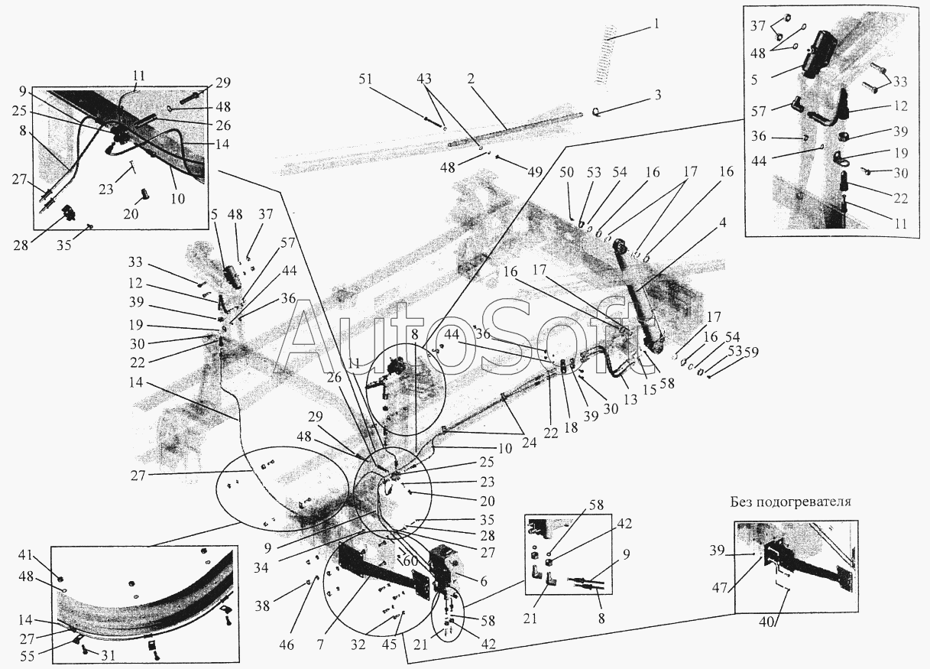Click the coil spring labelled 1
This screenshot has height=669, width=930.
click(605, 57)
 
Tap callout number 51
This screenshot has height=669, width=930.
click(365, 80)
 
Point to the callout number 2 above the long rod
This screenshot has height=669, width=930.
click(471, 79)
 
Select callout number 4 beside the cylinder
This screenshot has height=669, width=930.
click(723, 223)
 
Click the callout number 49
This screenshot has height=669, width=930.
click(535, 171)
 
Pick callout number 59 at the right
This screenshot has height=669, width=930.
click(750, 352)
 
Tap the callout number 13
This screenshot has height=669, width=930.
click(630, 400)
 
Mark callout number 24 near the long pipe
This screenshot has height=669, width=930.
click(529, 443)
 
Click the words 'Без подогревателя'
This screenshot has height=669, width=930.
click(791, 502)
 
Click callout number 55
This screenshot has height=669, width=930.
click(28, 656)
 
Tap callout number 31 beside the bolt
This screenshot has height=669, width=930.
click(107, 655)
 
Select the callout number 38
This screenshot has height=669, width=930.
click(262, 606)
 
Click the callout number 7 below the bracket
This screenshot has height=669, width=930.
click(320, 645)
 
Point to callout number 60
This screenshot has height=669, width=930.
click(411, 562)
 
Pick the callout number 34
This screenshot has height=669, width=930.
click(261, 567)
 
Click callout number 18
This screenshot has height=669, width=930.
click(572, 427)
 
